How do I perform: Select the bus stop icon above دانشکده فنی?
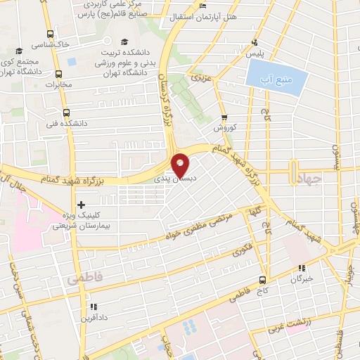pyautogui.click(x=65, y=112)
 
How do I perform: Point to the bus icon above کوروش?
pyautogui.click(x=224, y=118)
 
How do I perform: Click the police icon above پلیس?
pyautogui.click(x=255, y=41)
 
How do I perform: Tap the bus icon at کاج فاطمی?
pyautogui.click(x=264, y=280)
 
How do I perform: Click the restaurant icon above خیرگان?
pyautogui.click(x=302, y=268)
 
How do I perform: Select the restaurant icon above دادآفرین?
pyautogui.click(x=93, y=307)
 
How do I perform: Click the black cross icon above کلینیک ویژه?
pyautogui.click(x=83, y=205)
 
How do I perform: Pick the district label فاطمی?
pyautogui.click(x=85, y=280)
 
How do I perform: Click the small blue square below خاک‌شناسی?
pyautogui.click(x=70, y=59)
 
